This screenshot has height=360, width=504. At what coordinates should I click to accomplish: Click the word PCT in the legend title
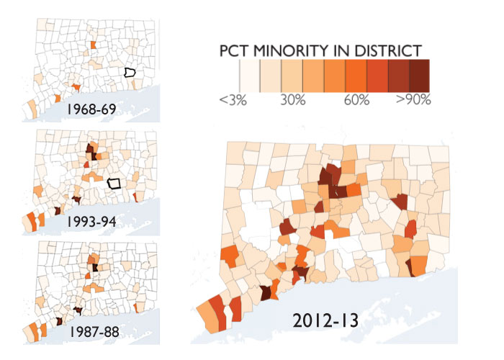click(x=237, y=51)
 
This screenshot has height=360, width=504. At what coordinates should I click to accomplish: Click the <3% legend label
click(x=234, y=100)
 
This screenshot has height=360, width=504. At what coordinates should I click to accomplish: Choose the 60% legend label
click(x=357, y=100)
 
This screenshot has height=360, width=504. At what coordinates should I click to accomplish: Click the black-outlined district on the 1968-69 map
click(x=130, y=72)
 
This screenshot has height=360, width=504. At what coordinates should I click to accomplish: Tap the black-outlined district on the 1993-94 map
click(x=113, y=183)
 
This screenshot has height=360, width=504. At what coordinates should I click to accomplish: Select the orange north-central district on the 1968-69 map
click(x=93, y=45)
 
